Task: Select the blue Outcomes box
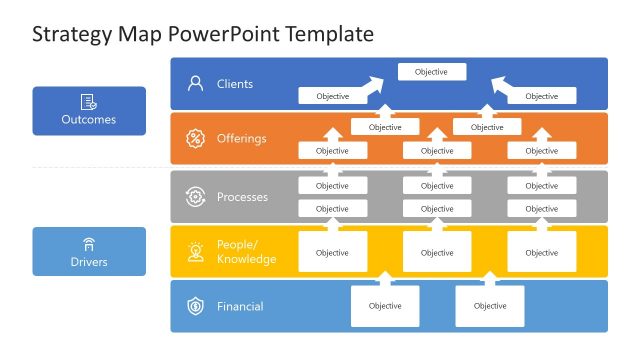(89, 110)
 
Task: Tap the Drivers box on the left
(89, 251)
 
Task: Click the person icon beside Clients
(195, 84)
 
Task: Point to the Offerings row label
(241, 138)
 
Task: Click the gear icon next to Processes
(195, 197)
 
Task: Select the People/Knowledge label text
(246, 252)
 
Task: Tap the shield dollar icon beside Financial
(195, 306)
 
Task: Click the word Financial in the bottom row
(240, 306)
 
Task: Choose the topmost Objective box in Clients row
(431, 72)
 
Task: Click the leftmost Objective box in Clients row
(332, 96)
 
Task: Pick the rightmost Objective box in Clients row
(541, 96)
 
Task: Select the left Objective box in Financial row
(384, 306)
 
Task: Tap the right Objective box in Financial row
(489, 306)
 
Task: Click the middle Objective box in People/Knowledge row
(437, 252)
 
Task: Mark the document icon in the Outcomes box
(89, 101)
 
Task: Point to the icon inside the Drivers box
(89, 243)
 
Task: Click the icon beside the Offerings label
(195, 138)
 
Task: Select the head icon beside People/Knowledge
(195, 252)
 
